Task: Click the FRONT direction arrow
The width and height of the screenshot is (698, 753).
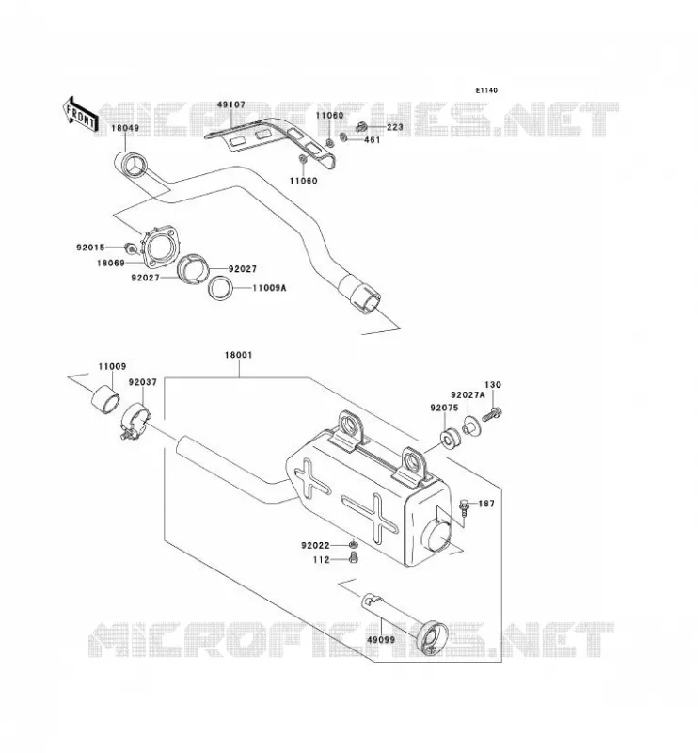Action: [x=80, y=114]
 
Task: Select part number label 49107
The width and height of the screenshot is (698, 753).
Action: [x=230, y=104]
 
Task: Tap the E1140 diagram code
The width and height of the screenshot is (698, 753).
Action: [x=486, y=90]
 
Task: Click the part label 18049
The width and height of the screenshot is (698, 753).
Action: [x=125, y=128]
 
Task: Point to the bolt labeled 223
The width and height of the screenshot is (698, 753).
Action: [x=361, y=127]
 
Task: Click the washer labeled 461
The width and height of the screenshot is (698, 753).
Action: [x=343, y=138]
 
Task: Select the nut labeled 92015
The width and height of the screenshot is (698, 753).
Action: [x=130, y=248]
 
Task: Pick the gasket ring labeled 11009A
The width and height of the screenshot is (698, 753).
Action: [x=221, y=288]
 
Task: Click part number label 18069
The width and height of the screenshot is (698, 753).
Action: [x=111, y=263]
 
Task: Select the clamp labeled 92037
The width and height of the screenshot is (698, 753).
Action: [x=135, y=421]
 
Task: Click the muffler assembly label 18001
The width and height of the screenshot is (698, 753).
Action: [x=238, y=355]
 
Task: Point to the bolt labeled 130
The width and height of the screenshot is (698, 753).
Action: [x=492, y=414]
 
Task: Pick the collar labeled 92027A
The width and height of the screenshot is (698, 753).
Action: [x=469, y=427]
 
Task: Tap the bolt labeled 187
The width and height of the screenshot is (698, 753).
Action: [x=464, y=507]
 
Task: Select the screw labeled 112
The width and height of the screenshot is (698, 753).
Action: [x=354, y=558]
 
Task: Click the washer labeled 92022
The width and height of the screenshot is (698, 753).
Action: [x=353, y=545]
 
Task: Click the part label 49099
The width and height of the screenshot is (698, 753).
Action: [x=381, y=640]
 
